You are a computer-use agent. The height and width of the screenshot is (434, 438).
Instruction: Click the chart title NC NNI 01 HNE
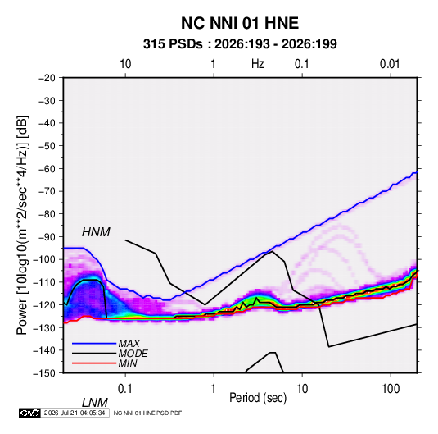click(x=240, y=23)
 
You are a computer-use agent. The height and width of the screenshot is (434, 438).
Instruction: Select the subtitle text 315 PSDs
click(x=173, y=44)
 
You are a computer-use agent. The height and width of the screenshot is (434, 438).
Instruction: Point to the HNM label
click(x=96, y=232)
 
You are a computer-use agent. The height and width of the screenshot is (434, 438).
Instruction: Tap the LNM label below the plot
click(x=95, y=403)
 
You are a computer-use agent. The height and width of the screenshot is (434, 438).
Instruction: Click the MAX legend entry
click(x=129, y=343)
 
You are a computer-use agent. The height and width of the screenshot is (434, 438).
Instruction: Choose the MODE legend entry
click(x=133, y=354)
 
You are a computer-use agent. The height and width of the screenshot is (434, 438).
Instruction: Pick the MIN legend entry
click(x=128, y=363)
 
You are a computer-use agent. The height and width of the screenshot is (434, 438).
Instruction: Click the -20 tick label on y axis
click(x=47, y=78)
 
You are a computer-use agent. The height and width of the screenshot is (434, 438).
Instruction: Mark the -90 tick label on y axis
click(x=47, y=236)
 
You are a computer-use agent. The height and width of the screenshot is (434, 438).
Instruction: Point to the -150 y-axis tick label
click(x=44, y=373)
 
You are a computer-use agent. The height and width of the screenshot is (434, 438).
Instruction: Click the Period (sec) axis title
click(x=258, y=398)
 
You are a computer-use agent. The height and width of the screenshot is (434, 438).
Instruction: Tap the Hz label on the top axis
click(x=258, y=64)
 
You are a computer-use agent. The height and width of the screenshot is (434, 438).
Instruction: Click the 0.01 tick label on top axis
click(x=390, y=64)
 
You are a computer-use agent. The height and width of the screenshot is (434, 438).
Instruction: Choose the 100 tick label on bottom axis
click(x=391, y=389)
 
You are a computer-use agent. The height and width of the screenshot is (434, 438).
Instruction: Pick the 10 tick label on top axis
click(x=125, y=64)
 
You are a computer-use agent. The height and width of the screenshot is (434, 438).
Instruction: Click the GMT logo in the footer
click(x=30, y=413)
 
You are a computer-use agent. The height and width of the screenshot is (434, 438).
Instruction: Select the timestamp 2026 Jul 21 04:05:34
click(x=75, y=413)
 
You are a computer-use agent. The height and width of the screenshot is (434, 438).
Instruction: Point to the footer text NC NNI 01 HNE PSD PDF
click(x=147, y=413)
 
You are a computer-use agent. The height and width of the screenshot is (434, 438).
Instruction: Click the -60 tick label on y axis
click(x=47, y=168)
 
